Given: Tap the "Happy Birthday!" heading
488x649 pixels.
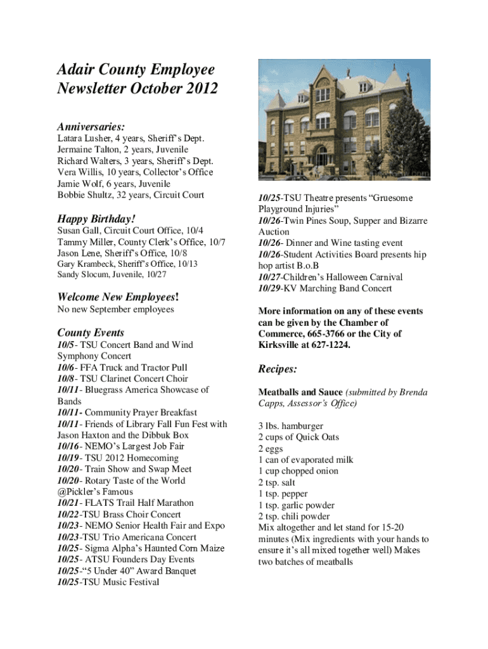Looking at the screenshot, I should (x=96, y=219).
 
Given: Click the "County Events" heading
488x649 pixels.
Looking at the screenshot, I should (x=91, y=333).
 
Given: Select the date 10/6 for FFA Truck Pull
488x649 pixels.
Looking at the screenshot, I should (x=67, y=368).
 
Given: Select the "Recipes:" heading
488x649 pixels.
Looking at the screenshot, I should (x=278, y=369).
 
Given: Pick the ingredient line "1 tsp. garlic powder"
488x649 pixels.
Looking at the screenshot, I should (x=296, y=505).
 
